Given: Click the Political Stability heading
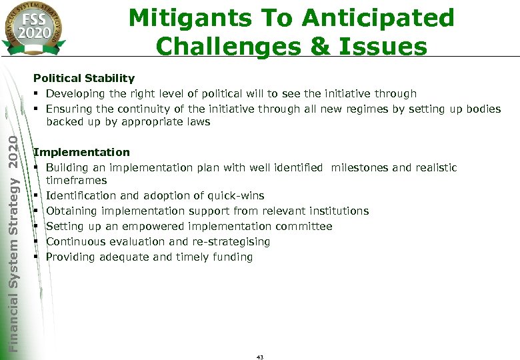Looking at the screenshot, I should pyautogui.click(x=84, y=79).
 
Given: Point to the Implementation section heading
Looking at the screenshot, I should pyautogui.click(x=82, y=153).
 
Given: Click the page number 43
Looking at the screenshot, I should pyautogui.click(x=260, y=357).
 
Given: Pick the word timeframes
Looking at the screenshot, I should pyautogui.click(x=76, y=181).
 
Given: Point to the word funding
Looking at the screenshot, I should pyautogui.click(x=231, y=257).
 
